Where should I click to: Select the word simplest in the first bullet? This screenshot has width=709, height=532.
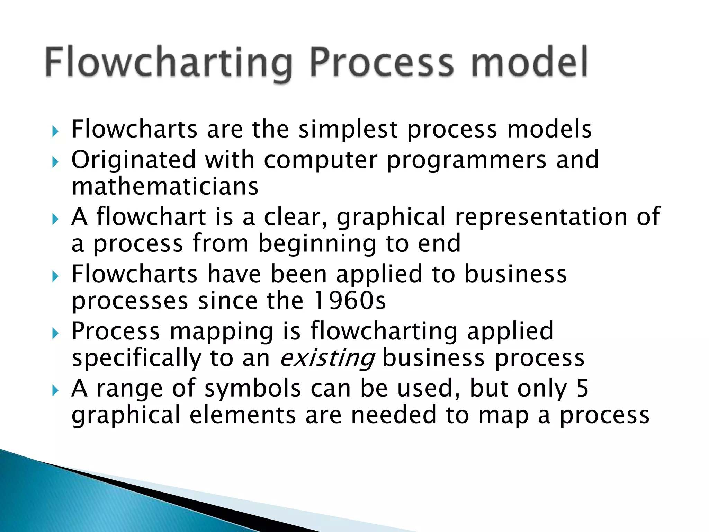tap(348, 130)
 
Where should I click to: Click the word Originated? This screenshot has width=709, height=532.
tap(134, 160)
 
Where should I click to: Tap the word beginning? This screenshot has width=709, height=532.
tap(317, 245)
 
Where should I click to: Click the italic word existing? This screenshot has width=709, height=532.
tap(327, 358)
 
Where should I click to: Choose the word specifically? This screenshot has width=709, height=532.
tap(136, 358)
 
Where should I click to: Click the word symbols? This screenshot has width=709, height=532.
tap(253, 388)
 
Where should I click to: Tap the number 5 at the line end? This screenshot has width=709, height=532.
tap(582, 388)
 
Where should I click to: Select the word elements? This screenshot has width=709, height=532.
tap(243, 415)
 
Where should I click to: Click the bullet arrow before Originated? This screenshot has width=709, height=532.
tap(55, 161)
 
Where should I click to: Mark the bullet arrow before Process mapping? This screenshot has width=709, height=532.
tap(55, 334)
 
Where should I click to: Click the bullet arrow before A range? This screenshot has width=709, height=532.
tap(55, 391)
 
